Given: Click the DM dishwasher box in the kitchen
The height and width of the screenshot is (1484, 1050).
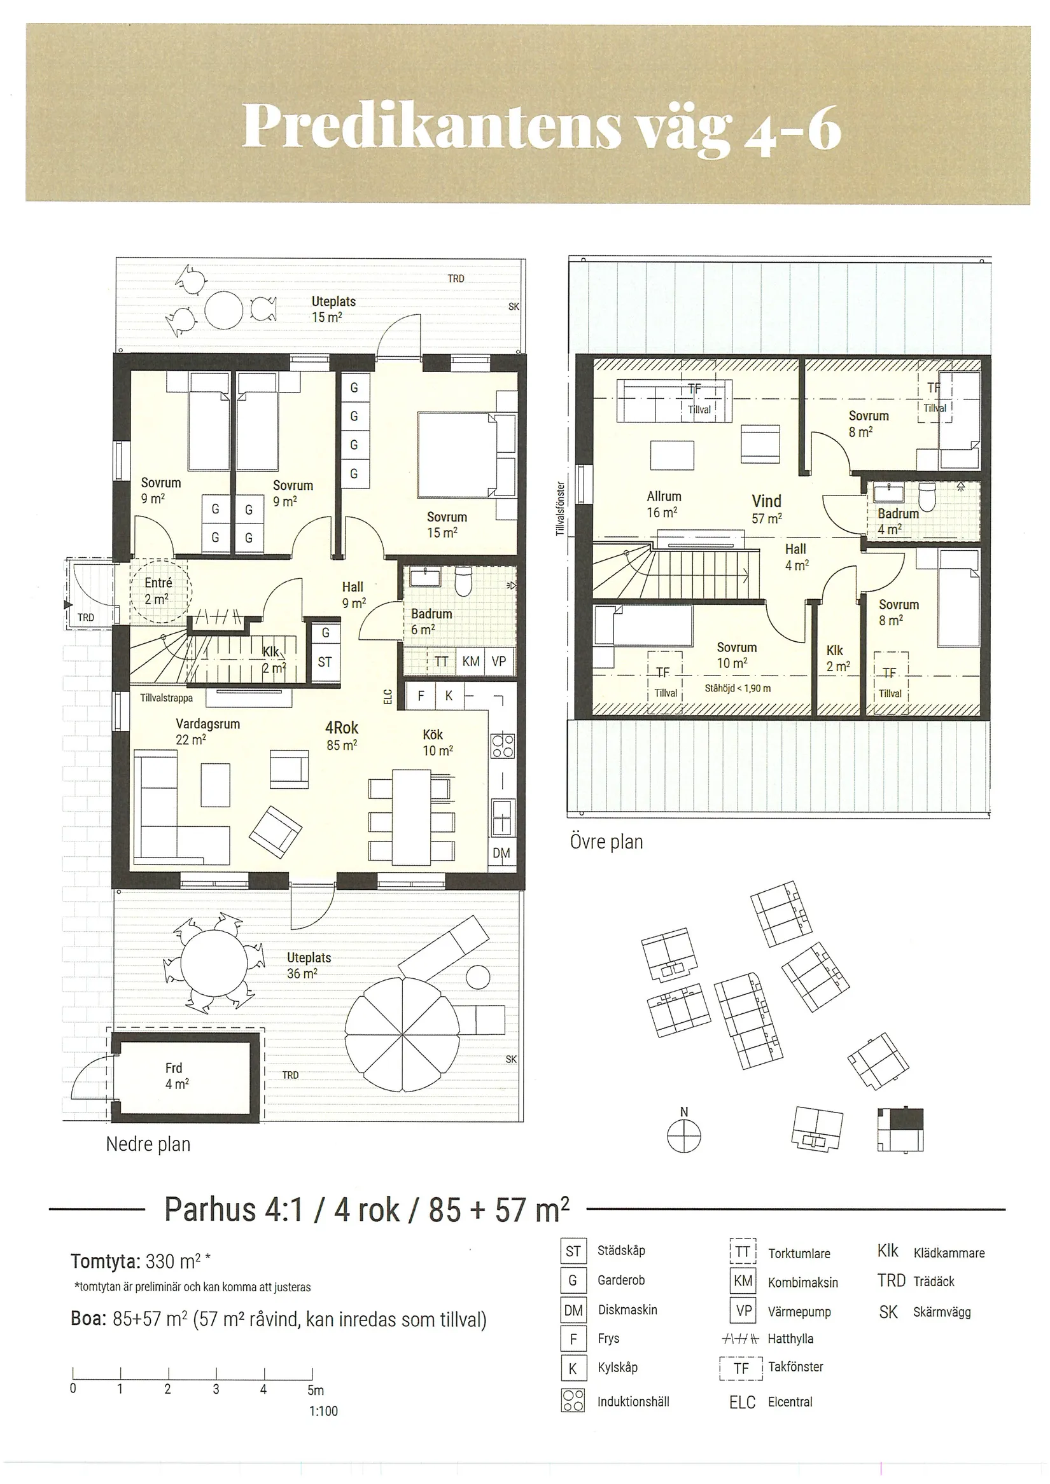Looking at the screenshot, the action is pos(501,852).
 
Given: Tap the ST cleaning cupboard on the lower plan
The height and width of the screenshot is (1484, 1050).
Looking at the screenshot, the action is pos(325,662).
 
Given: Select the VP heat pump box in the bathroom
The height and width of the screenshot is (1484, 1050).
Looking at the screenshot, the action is pos(498,661).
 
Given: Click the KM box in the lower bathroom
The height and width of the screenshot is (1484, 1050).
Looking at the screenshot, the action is pos(471,661).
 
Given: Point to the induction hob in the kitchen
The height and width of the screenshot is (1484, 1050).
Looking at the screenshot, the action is pos(503,746).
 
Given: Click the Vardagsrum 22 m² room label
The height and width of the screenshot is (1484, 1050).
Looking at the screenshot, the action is pos(207,731).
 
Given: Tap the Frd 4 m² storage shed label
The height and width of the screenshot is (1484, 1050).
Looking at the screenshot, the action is pos(174,1076).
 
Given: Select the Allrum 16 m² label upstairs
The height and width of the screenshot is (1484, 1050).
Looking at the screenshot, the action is pos(664,504).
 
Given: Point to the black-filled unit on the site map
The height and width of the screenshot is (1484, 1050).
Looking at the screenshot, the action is pos(906,1119).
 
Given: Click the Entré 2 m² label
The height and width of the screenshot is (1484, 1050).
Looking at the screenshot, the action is pos(158,591).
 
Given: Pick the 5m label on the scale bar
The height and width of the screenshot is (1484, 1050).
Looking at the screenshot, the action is pos(316,1390).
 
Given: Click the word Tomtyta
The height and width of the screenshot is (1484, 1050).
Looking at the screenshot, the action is pos(104,1261).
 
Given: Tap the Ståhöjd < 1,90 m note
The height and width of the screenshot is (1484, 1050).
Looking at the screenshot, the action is pos(738,688).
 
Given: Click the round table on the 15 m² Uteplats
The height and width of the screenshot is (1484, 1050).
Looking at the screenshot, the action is pos(224,311).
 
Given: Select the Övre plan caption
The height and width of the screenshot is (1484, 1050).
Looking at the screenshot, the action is pos(606,842).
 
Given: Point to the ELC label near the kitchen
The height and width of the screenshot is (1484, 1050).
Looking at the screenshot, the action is pos(388,696).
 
